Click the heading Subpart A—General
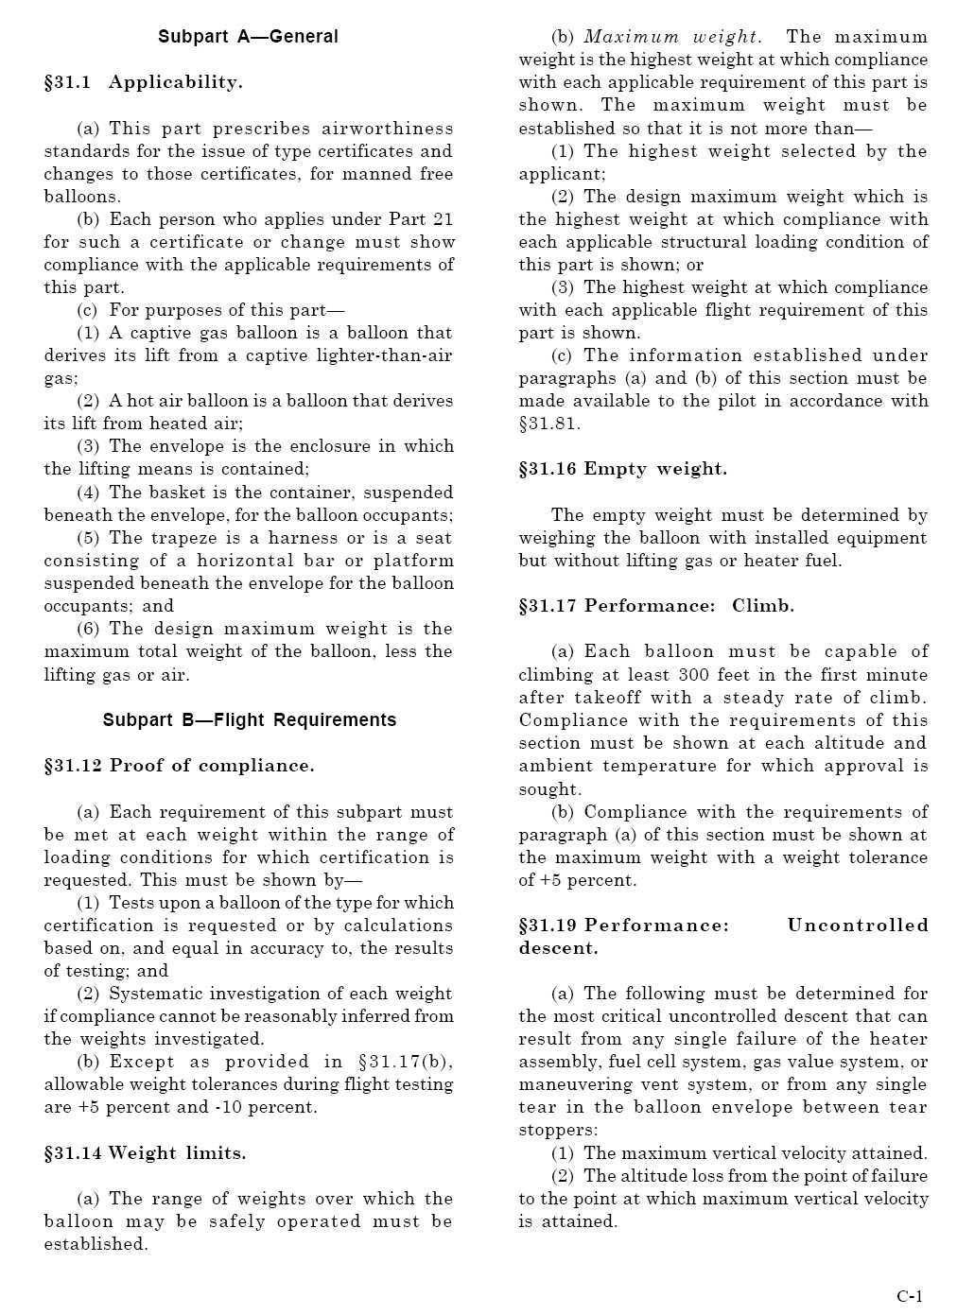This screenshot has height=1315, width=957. point(248,37)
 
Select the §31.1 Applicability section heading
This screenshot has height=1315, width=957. point(143,82)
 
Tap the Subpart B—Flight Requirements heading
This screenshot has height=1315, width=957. point(250,720)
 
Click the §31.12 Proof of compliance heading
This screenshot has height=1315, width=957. point(179,766)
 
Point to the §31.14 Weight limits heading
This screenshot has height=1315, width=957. point(145,1153)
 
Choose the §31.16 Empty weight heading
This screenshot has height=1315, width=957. point(622,469)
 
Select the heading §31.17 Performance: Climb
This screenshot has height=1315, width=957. point(655,606)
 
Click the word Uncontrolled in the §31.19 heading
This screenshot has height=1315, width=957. point(858,926)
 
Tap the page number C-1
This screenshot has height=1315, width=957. point(910,1296)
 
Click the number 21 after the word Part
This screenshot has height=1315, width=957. point(443,219)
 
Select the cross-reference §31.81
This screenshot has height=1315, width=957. point(549,424)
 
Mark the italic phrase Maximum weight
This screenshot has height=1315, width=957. point(671,37)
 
